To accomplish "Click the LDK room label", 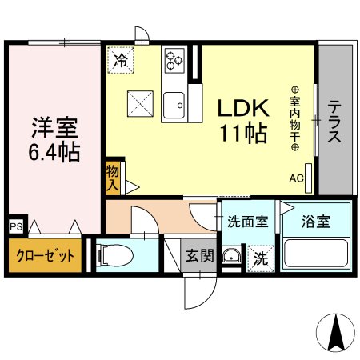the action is point(243,108).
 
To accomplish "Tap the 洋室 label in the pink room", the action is point(54,127).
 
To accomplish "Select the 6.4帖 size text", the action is point(54,152).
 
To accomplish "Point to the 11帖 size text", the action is point(243,133).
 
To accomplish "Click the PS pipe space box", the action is point(17,227).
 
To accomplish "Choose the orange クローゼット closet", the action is point(45,255).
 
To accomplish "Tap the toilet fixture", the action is point(115,255).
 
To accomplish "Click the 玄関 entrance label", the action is point(200,255).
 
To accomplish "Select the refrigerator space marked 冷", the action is point(121,60).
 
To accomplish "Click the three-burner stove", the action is point(174,61).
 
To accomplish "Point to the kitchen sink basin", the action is point(174,105).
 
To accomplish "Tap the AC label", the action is point(296,178).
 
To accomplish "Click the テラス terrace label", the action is point(334,122).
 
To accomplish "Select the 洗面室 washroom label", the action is point(248,222).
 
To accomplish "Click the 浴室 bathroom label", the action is point(316,222).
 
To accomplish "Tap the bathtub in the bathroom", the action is point(316,253).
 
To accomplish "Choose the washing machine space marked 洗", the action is point(261,258).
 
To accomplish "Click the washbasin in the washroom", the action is point(232,255).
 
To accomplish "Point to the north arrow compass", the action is point(335,333).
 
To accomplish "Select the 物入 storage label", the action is point(112,178).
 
